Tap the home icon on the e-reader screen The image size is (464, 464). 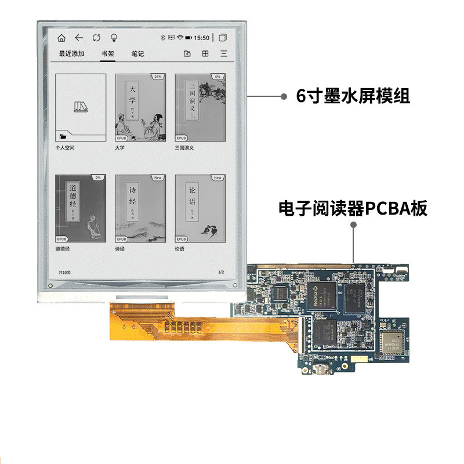61,38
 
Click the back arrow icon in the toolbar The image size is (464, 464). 79,38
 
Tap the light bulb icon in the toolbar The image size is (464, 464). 114,38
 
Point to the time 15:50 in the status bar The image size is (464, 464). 201,38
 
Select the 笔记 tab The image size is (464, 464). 138,54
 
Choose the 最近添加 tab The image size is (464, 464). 71,54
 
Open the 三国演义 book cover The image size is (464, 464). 200,107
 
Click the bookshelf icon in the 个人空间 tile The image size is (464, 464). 80,106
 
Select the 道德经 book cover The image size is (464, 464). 81,208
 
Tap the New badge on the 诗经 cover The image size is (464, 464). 158,177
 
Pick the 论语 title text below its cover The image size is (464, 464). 180,249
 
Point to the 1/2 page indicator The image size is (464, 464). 220,272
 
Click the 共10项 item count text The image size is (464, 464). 64,272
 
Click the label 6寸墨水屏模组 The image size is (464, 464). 353,97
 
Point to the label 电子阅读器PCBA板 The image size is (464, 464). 353,208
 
